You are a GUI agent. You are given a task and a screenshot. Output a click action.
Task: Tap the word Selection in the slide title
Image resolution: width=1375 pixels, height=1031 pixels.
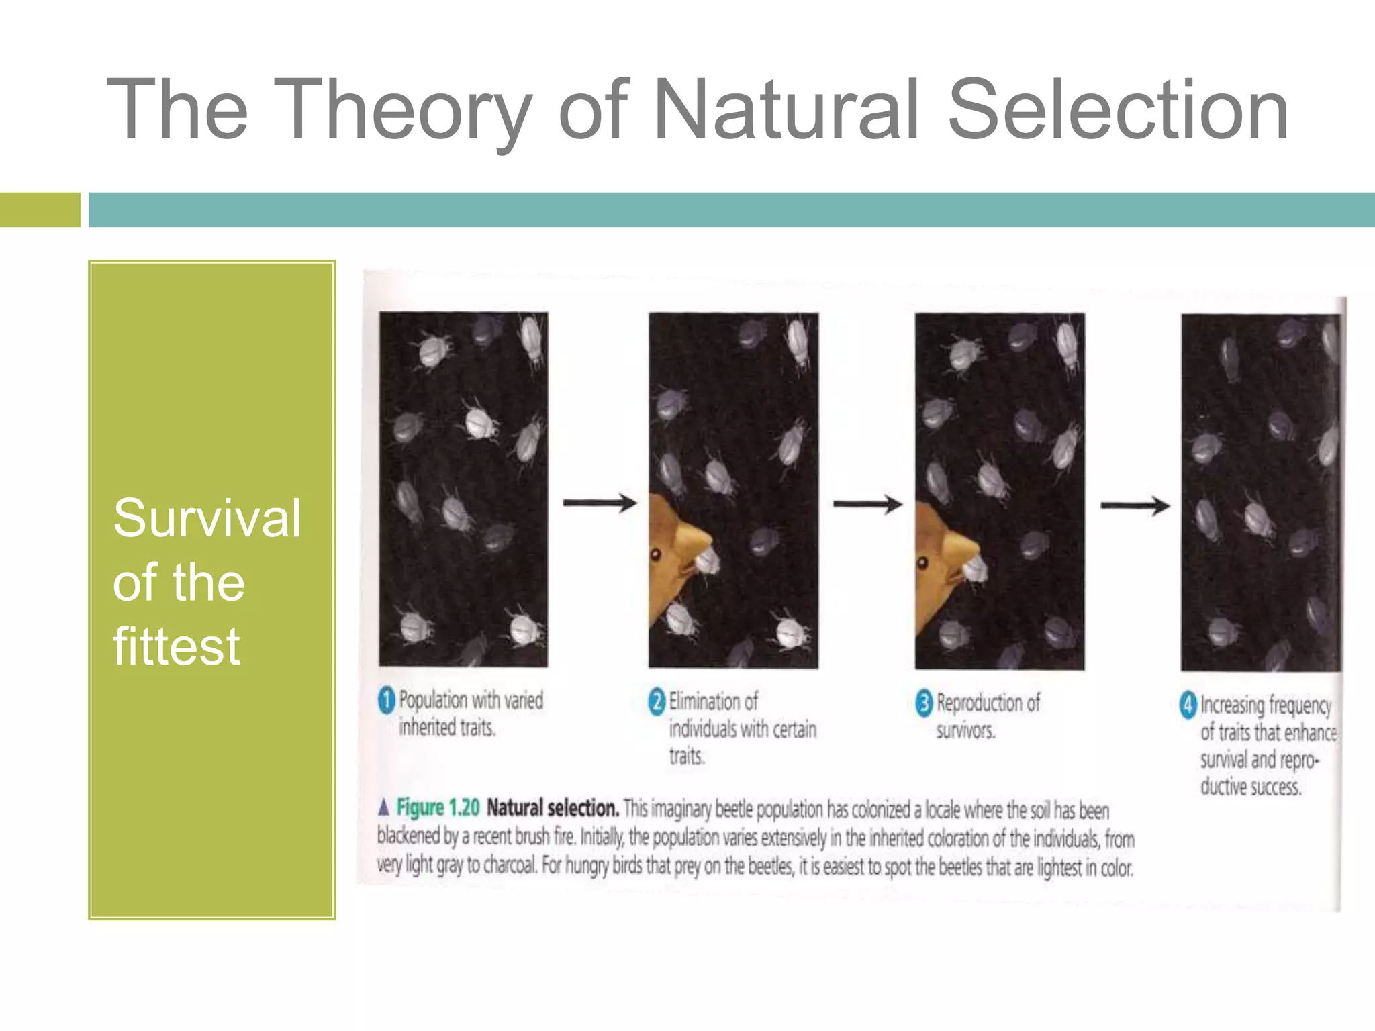(1117, 109)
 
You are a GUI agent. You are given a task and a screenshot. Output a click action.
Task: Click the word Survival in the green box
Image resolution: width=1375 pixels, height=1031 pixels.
(207, 519)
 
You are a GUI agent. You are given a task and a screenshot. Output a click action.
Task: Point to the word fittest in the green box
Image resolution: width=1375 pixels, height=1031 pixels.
(176, 646)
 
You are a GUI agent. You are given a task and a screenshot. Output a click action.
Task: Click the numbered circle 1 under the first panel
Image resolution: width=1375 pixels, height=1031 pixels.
(387, 701)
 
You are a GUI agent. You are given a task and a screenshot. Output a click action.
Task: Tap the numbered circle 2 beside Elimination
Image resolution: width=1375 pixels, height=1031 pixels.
(657, 702)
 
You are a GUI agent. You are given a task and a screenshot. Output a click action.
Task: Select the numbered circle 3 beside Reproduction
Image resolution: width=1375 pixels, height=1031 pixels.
(924, 703)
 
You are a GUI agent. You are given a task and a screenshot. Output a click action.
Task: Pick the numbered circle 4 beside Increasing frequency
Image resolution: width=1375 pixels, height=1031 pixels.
(1188, 705)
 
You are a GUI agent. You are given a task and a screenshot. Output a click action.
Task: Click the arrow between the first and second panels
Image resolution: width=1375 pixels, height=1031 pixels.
(599, 503)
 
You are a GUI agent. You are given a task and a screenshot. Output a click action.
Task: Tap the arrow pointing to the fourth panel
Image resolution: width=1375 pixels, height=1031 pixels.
(1134, 505)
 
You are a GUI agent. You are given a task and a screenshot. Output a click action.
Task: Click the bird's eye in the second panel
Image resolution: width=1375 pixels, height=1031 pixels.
(656, 554)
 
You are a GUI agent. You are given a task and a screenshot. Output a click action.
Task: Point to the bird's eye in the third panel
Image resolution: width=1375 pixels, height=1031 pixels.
(923, 562)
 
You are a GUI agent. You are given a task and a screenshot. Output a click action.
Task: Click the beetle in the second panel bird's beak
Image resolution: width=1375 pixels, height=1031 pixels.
(708, 560)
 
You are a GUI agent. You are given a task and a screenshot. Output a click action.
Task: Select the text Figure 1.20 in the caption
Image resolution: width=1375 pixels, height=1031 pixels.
(438, 807)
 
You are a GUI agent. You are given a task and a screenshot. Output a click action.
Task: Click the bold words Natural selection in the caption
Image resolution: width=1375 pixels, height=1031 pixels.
(552, 807)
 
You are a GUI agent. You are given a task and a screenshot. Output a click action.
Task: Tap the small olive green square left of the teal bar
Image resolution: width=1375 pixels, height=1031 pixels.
(40, 209)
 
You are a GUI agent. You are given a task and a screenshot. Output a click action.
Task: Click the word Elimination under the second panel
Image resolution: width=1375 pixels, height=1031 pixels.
(713, 702)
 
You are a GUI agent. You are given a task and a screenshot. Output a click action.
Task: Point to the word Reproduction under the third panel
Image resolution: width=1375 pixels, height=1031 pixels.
(988, 703)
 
